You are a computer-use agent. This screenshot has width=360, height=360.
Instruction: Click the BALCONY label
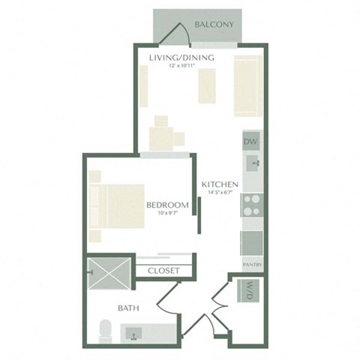point(214,25)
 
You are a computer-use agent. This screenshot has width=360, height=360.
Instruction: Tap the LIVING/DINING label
point(181,58)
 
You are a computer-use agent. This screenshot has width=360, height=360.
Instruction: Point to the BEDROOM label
point(166,205)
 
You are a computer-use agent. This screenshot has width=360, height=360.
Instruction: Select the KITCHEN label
point(220,184)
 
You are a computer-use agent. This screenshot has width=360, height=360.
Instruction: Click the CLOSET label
point(163,270)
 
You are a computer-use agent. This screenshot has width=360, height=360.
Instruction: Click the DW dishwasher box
point(250,141)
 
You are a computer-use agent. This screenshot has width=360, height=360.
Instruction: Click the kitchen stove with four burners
point(251,205)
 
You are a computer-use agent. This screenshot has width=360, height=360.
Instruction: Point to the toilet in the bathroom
point(106,330)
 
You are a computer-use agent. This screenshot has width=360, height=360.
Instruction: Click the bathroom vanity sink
point(135,331)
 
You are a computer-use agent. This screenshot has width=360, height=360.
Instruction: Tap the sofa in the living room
point(246,86)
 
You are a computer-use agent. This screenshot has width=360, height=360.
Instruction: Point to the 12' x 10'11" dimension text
point(181,67)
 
